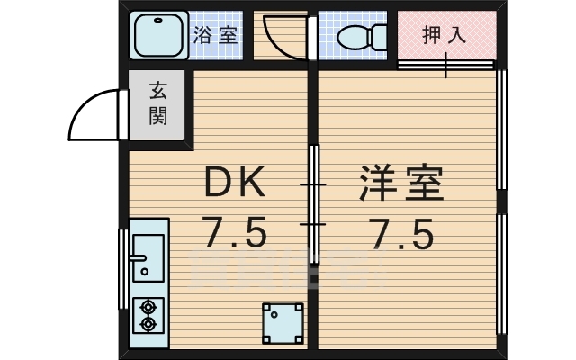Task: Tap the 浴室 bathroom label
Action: pyautogui.click(x=215, y=35)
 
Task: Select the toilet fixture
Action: pyautogui.click(x=361, y=37)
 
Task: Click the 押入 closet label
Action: pyautogui.click(x=445, y=35)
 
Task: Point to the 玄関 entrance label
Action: pyautogui.click(x=158, y=104)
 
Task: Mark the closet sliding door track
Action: pyautogui.click(x=446, y=65)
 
